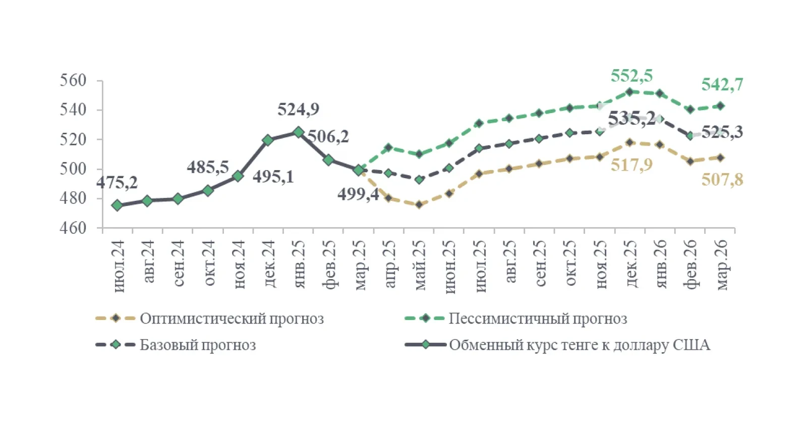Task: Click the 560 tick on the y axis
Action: (73, 80)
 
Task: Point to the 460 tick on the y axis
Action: (73, 228)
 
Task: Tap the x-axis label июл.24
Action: (118, 266)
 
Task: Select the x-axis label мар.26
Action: (721, 265)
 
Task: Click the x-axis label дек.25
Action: (631, 264)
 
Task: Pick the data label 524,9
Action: (298, 110)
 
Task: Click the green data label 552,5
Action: (631, 76)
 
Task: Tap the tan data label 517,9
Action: (631, 165)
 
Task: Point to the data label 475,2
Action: (117, 183)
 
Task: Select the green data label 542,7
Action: (722, 85)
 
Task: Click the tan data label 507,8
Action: (722, 180)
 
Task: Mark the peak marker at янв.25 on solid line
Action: (298, 132)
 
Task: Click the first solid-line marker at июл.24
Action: (117, 205)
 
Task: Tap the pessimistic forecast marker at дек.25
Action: (629, 92)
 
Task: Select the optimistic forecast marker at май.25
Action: (419, 204)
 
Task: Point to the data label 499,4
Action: (358, 194)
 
